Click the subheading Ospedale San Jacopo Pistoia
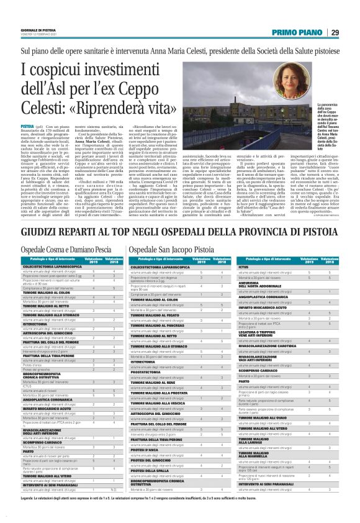[171, 248]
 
